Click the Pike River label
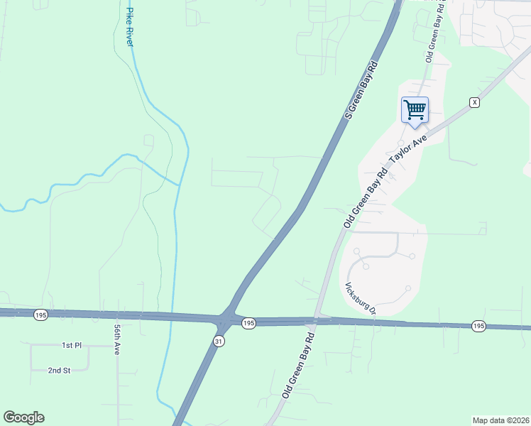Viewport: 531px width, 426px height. point(129,27)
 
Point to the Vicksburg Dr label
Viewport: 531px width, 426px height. point(359,299)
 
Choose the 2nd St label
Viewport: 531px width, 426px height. point(59,370)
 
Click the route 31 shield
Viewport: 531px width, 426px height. point(220,341)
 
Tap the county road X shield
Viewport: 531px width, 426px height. point(475,103)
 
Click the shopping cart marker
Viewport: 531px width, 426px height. point(415,110)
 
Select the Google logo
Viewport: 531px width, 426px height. point(23,417)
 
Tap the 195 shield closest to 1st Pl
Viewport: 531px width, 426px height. point(40,313)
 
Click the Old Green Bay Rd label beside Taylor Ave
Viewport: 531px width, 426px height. point(366,199)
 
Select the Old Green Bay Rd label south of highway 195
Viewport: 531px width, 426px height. point(299,370)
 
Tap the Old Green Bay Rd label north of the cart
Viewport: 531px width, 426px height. point(434,32)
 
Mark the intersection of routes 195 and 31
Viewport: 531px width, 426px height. point(226,319)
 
